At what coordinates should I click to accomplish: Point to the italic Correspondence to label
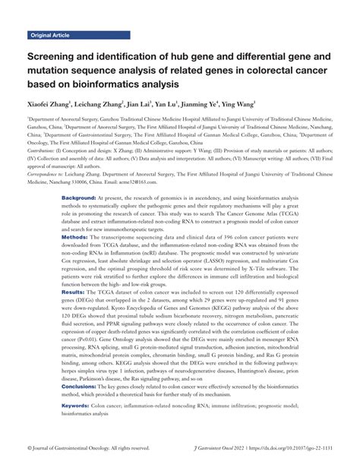click(x=49, y=173)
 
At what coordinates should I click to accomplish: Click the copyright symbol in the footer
click(x=30, y=448)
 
